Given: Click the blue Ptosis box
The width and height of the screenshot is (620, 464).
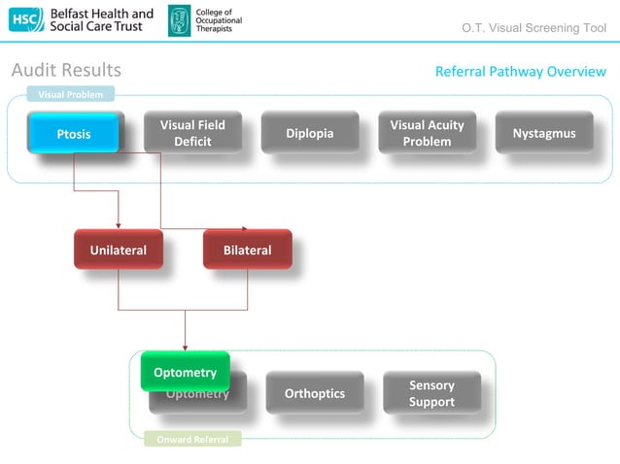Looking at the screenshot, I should point(73,133).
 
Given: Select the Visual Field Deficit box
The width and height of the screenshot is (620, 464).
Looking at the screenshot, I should point(192,133).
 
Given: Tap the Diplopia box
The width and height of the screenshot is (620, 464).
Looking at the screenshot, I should point(309,133).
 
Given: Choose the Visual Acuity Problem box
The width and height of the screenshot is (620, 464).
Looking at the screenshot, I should point(427,133).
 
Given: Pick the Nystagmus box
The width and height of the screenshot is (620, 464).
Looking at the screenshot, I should point(543,133).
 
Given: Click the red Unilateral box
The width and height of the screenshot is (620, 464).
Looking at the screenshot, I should point(118,249).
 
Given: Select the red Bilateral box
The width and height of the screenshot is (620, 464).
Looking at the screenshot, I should point(247,249).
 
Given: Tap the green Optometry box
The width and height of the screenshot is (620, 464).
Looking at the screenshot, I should point(185,372).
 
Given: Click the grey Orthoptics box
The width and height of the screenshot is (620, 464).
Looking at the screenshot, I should point(314,393).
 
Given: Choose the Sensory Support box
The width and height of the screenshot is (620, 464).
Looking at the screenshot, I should point(431,393).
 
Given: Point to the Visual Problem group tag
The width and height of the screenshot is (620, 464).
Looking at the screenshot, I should point(71,94).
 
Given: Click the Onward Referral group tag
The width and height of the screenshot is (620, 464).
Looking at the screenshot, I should point(192,440).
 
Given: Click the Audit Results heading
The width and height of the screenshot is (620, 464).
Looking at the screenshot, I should point(66,70).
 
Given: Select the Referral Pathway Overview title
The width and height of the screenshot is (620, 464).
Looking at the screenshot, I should point(520,72).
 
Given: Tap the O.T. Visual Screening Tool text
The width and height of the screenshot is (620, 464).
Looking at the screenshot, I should point(534,28).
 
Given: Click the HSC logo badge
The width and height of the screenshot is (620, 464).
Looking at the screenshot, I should point(26,19).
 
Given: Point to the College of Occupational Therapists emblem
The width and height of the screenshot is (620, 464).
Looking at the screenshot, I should point(180,19).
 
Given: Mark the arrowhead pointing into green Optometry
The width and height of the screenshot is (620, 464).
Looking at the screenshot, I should point(185,347).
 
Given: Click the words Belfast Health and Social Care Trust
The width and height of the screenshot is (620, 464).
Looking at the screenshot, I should point(101,19).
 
